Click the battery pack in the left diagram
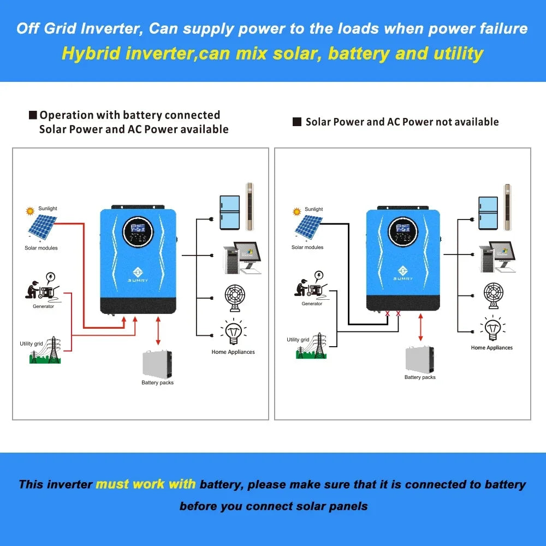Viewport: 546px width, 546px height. pos(157,364)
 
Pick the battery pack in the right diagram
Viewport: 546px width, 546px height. pos(420,359)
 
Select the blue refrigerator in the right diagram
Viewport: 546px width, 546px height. pos(488,213)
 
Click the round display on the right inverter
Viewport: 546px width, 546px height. pos(403,232)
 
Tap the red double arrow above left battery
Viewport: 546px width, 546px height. pos(158,331)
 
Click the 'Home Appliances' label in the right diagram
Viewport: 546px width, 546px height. pos(492,348)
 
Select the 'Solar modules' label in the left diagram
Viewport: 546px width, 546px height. pos(41,248)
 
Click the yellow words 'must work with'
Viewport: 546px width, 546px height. pos(145,484)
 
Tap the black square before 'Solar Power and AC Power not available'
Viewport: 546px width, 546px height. pos(297,122)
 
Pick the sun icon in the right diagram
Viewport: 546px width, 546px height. pos(297,211)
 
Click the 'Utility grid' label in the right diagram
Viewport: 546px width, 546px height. pos(298,340)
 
